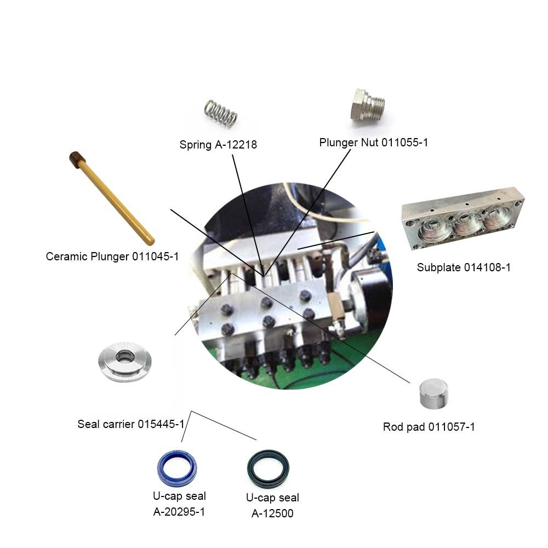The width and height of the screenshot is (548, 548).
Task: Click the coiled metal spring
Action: [221, 113]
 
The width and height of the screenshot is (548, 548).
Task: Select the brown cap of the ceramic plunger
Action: [77, 159]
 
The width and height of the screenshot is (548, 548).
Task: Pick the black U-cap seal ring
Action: [268, 469]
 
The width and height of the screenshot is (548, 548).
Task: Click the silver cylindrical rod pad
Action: [433, 393]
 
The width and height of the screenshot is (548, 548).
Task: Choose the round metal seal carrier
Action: [125, 361]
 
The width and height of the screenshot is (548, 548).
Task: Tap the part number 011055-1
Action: [404, 142]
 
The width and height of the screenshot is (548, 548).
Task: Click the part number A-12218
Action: [236, 145]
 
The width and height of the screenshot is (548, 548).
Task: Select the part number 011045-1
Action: [155, 256]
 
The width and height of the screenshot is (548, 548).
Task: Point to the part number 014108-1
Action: [487, 268]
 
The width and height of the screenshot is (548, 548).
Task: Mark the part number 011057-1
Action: [452, 427]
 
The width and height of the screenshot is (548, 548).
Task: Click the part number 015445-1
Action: [161, 424]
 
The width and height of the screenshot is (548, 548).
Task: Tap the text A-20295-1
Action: [179, 512]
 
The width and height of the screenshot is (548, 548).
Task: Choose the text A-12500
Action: [272, 513]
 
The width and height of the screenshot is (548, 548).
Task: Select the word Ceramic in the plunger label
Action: [66, 256]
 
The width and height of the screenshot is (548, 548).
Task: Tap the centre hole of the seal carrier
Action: [125, 356]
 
